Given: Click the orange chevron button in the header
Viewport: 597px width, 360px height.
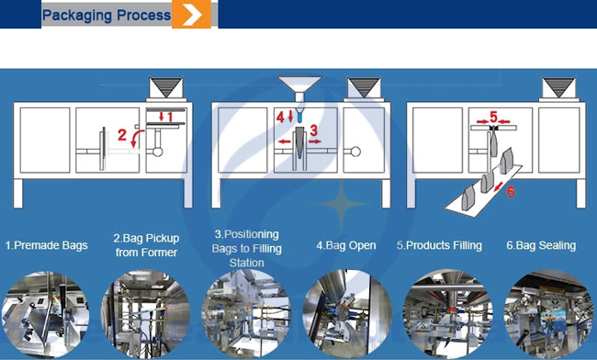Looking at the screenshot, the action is pos(192,14).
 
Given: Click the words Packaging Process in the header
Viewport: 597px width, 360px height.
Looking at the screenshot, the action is pos(107,16).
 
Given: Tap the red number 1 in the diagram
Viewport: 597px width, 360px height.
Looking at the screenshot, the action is pos(170,117).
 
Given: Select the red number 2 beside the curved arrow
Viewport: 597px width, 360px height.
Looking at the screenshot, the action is pos(122,135).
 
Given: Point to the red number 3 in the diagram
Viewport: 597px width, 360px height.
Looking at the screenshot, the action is pos(313,130).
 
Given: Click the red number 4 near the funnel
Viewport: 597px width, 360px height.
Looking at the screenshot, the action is pos(280,118).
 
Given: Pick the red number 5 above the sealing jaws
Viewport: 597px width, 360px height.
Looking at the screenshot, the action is pos(493,117).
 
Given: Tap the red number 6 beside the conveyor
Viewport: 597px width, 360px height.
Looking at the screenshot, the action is pos(511,192).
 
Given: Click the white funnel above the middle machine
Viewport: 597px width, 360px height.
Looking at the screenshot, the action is pos(299,88).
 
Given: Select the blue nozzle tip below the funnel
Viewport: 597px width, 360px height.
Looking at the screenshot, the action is pos(299,116).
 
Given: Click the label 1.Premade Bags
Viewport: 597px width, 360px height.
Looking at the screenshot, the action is pos(47,245).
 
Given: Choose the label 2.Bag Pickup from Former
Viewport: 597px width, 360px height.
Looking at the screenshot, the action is pos(147,245).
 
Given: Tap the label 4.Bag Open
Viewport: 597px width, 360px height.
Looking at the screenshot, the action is pos(346,245).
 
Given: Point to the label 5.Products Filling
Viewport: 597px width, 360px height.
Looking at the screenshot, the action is pos(439,245).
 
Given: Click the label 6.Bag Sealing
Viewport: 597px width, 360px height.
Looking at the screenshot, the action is pos(541,245).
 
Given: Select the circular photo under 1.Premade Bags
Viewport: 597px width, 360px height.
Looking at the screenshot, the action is pos(45,314).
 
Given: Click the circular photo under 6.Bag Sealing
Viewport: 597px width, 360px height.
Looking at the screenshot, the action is pos(548,314).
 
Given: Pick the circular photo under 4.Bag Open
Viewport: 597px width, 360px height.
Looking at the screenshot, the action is pos(347,314).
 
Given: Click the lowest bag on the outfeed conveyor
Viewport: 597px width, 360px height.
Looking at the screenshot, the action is pos(467,197).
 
